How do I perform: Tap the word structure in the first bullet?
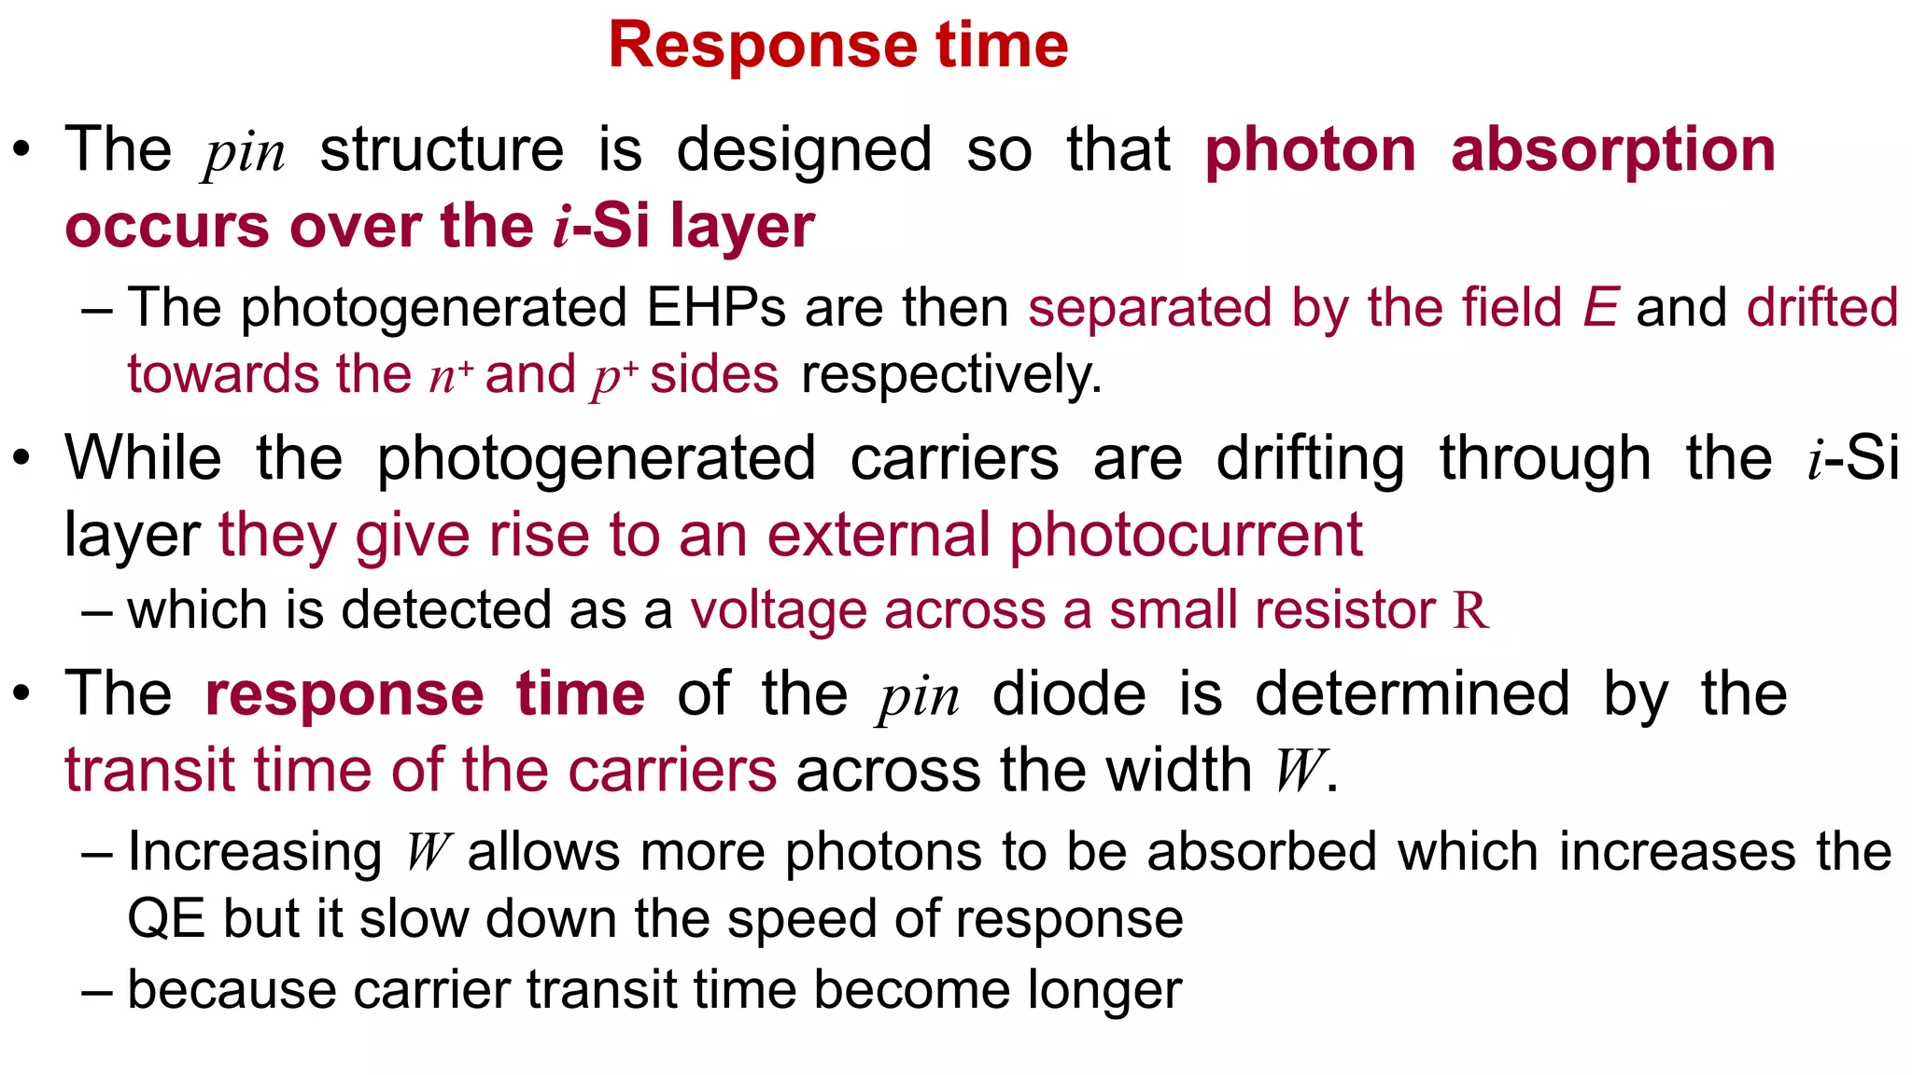coord(442,149)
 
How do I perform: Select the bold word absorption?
coord(1612,149)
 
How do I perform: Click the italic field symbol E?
coord(1600,308)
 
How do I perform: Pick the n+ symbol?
coord(451,375)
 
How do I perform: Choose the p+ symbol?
coord(614,375)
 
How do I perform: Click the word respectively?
coord(951,375)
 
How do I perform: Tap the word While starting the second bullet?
coord(143,458)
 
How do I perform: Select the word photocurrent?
coord(1186,536)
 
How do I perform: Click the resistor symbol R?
coord(1469,610)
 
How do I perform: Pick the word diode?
coord(1069,694)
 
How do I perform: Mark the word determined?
coord(1412,694)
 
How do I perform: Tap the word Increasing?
coord(254,852)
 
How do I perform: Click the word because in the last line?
coord(232,990)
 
